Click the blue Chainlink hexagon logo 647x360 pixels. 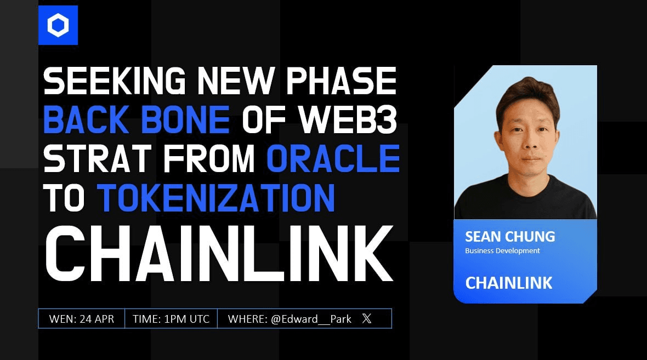(x=58, y=25)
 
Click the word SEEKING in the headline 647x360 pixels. (x=115, y=81)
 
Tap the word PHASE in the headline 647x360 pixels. (x=341, y=81)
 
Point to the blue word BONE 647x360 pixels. (x=185, y=119)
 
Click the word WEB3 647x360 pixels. (x=348, y=119)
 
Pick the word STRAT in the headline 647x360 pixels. (x=98, y=159)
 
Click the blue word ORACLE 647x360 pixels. (x=333, y=159)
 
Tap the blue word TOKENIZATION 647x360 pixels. (x=216, y=198)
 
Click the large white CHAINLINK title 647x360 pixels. (x=219, y=253)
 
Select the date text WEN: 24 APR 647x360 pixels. (x=81, y=319)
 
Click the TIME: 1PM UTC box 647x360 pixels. (x=171, y=319)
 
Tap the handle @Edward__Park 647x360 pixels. (x=311, y=319)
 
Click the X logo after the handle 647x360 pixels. (x=366, y=318)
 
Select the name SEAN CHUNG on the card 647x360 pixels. (x=510, y=237)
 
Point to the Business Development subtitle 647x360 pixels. (x=502, y=251)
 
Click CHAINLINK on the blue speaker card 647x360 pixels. (x=509, y=283)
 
